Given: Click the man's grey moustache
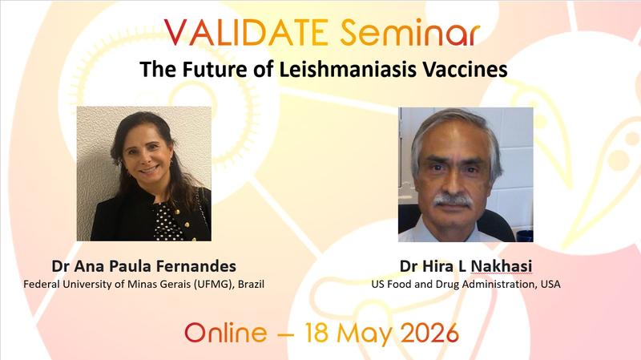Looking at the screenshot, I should pos(454,198).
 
